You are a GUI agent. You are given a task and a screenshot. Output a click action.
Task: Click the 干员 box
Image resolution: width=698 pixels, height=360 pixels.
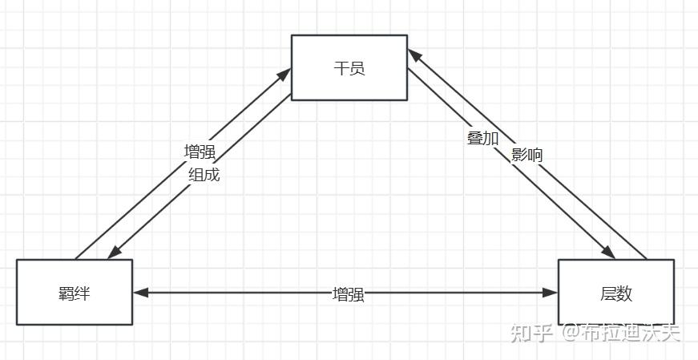tap(349, 67)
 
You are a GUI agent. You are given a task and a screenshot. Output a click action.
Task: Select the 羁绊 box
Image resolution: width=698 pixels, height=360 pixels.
tap(74, 293)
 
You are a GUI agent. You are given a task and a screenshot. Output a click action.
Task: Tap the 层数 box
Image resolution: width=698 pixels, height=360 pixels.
tap(615, 293)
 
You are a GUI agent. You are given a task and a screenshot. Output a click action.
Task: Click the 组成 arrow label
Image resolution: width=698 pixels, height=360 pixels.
tap(204, 174)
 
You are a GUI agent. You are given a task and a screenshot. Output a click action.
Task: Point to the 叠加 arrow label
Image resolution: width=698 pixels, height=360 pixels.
tap(482, 138)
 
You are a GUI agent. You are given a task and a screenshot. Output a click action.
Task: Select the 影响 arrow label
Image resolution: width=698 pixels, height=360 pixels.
tap(527, 155)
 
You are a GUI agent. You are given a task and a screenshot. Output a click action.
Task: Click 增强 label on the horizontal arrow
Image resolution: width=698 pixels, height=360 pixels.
tap(348, 294)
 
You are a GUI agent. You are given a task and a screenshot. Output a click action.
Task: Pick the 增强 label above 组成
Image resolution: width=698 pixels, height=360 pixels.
tap(200, 152)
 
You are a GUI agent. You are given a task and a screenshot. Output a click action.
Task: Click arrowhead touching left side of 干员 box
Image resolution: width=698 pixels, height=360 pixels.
tap(284, 75)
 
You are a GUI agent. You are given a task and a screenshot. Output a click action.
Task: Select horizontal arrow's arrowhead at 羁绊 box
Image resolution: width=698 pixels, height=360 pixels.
tap(140, 293)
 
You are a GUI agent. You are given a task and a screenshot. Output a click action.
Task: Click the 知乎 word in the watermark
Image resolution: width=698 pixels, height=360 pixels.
tap(532, 332)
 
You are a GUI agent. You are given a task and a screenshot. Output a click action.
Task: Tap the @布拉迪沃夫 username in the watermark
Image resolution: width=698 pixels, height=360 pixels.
tap(620, 332)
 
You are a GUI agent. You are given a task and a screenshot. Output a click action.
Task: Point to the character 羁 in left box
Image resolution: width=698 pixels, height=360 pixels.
tap(66, 293)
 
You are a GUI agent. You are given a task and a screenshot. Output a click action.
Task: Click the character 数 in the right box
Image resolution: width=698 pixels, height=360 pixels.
tap(624, 293)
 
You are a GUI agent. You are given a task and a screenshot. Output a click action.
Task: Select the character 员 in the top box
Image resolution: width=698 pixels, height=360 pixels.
tap(357, 68)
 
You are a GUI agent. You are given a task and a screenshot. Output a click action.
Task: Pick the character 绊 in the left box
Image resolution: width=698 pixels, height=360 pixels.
tap(82, 293)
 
